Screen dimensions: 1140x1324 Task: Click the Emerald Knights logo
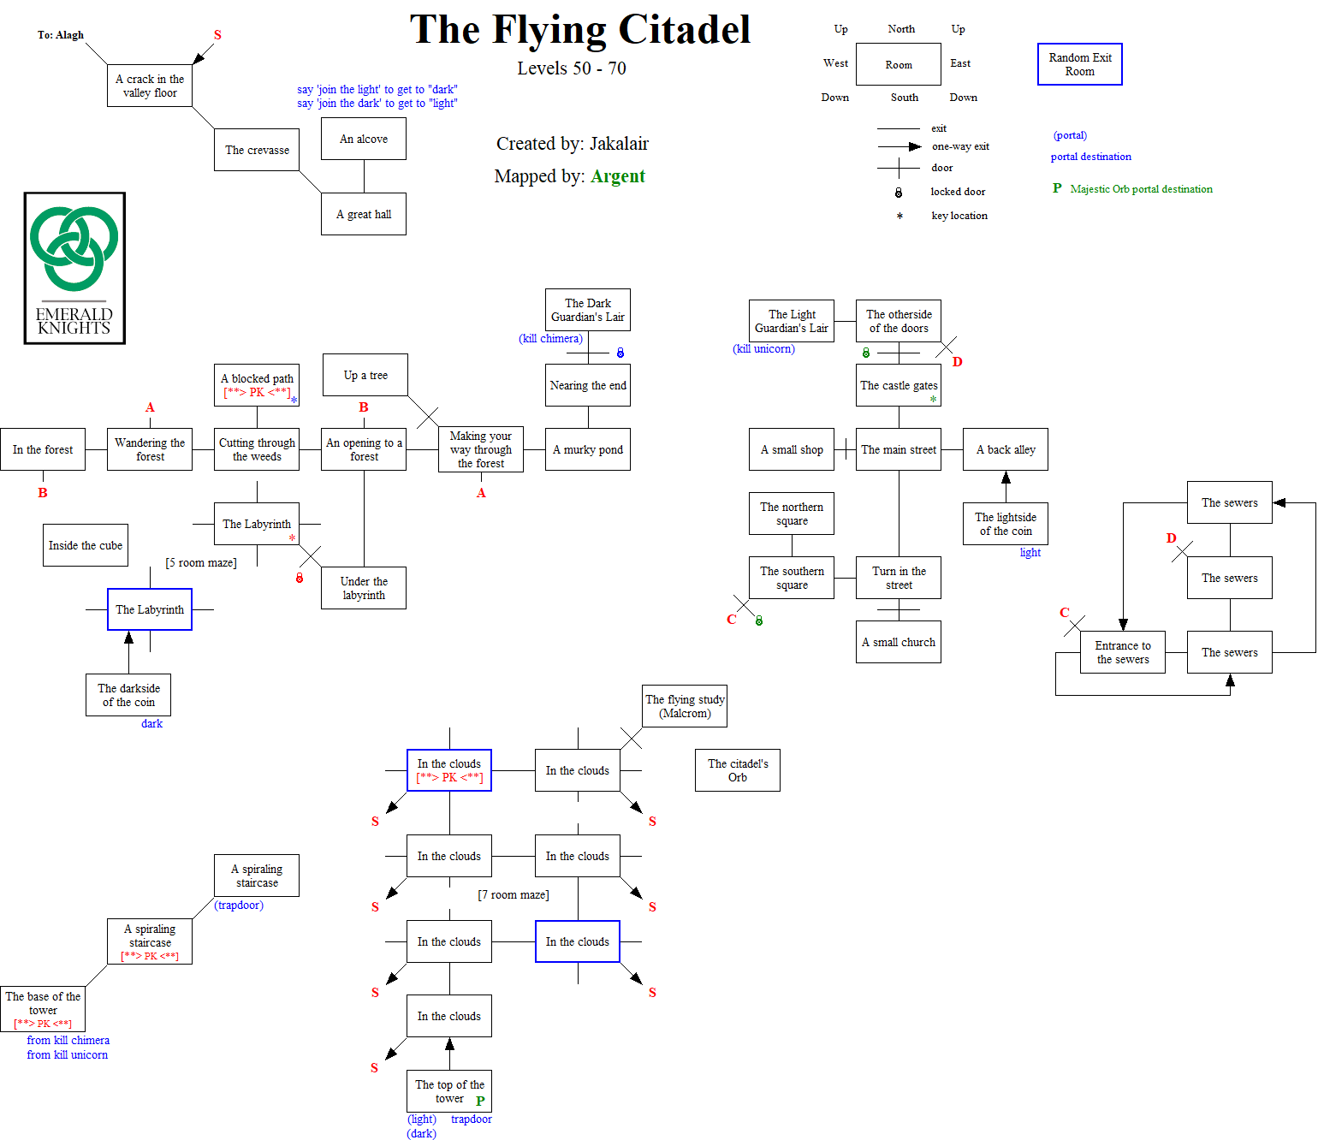coord(74,268)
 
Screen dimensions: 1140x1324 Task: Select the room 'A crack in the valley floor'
coord(150,86)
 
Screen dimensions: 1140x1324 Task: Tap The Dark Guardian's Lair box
coord(587,310)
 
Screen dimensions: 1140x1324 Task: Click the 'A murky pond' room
coord(587,449)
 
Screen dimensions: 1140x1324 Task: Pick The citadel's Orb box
coord(737,770)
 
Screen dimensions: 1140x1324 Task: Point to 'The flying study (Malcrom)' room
coord(684,706)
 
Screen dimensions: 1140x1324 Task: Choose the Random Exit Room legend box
coord(1079,64)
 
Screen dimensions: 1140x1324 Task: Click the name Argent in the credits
coord(617,176)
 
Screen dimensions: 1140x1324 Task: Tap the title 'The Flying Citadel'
coord(579,30)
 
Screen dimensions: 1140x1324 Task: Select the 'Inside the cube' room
coord(86,545)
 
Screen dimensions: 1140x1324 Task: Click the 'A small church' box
coord(898,642)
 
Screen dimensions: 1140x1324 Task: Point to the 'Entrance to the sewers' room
coord(1122,652)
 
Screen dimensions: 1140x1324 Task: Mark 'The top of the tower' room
coord(448,1091)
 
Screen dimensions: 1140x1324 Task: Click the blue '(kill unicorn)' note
coord(763,349)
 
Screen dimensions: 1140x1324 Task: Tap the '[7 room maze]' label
coord(513,895)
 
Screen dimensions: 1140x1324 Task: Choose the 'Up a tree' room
coord(365,375)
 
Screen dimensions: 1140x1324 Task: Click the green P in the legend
coord(1057,188)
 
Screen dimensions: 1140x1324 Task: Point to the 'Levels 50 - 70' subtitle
coord(571,68)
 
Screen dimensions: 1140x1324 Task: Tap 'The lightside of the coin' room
coord(1005,524)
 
